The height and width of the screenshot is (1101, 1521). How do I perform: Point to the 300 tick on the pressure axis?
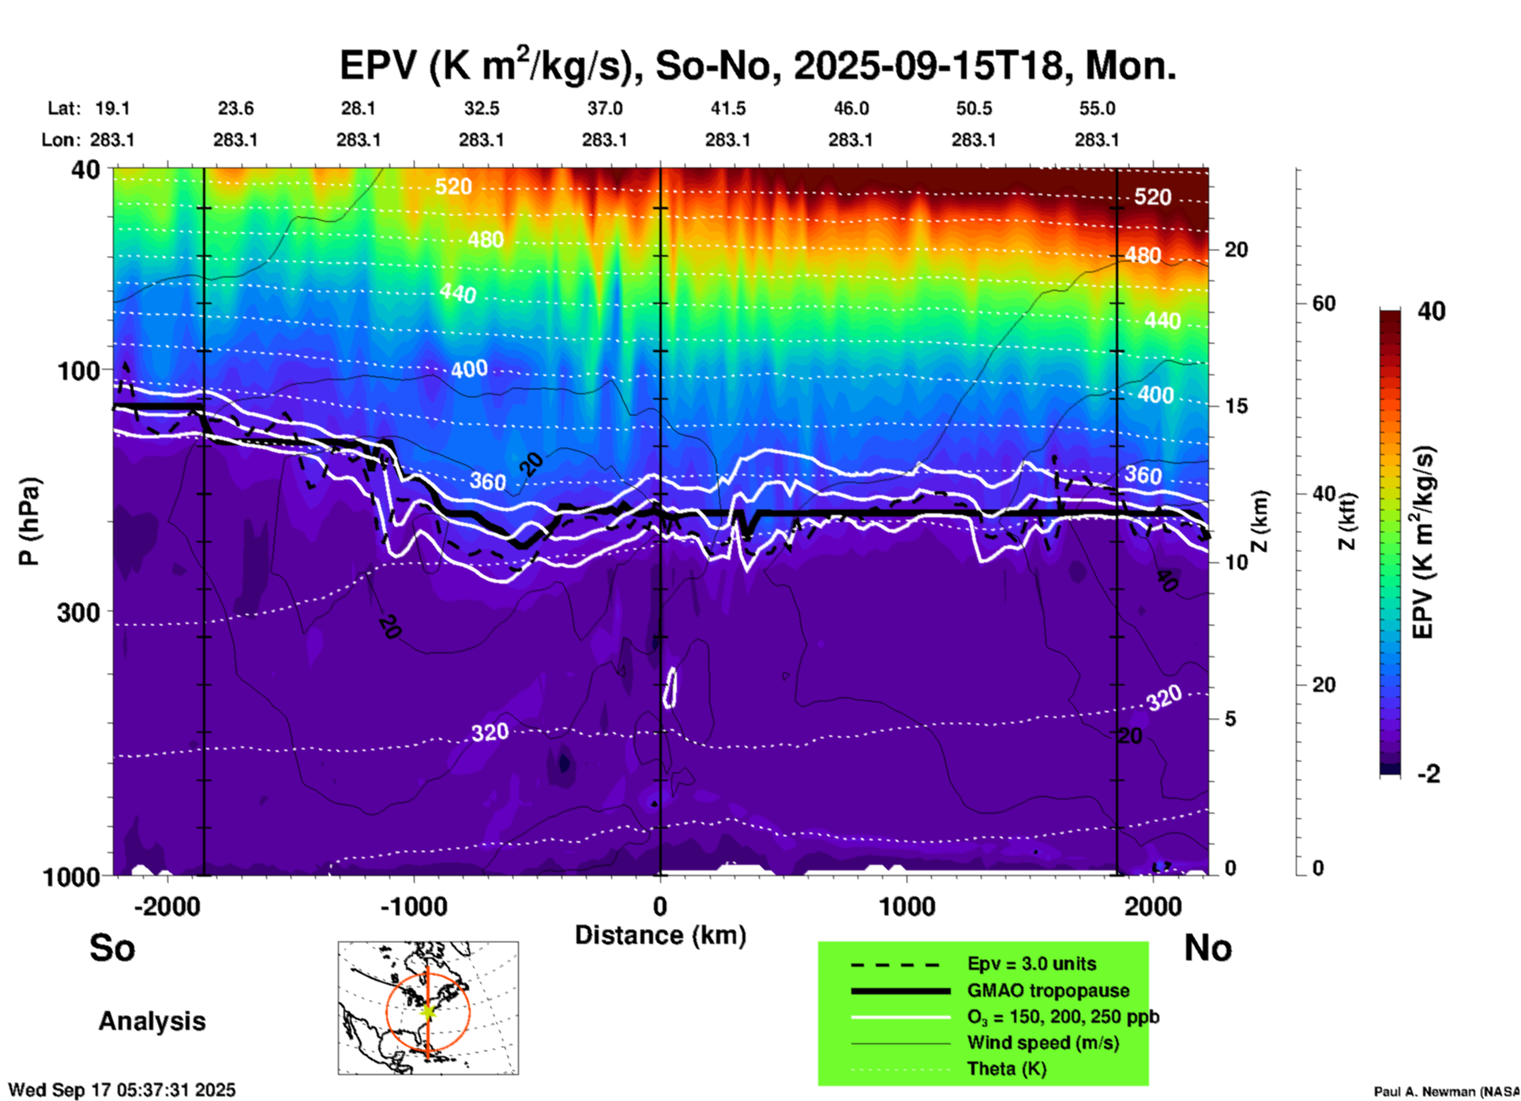[78, 612]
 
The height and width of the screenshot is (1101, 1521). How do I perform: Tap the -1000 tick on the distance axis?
[414, 906]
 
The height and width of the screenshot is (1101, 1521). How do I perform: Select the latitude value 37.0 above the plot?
[604, 108]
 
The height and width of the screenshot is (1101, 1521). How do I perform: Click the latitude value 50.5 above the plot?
[974, 108]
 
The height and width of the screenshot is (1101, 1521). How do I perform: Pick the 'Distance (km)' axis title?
[660, 935]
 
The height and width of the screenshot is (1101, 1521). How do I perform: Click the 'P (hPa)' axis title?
[29, 521]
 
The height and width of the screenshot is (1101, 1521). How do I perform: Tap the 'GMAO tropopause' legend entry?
[1048, 990]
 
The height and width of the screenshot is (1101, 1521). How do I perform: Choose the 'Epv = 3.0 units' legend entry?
[1031, 964]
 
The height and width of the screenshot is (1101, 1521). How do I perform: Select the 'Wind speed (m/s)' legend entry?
[1042, 1043]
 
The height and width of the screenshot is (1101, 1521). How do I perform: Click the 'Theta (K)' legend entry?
[1006, 1069]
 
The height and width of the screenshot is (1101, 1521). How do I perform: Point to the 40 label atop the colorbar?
[1431, 311]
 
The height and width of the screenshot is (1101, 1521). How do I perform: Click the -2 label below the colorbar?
[1428, 774]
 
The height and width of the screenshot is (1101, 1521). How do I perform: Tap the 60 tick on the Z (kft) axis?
[1324, 303]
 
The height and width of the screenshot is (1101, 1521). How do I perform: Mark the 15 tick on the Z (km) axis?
[1236, 406]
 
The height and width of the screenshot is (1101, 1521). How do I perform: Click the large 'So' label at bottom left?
[112, 948]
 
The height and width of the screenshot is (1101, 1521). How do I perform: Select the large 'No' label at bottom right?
[1207, 948]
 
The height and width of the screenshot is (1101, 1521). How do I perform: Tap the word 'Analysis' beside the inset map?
[152, 1020]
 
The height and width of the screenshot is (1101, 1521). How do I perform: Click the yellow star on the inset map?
[427, 1011]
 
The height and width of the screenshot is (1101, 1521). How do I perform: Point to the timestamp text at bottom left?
[122, 1090]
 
